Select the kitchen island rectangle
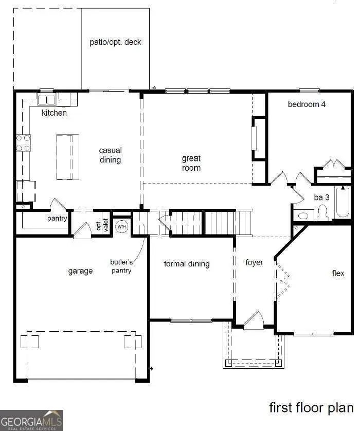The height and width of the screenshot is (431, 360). point(68,157)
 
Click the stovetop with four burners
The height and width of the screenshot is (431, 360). point(23,143)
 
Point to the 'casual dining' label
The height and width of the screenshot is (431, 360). point(111,155)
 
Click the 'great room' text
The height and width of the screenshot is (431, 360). point(191,163)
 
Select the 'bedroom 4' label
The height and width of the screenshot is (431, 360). point(307,104)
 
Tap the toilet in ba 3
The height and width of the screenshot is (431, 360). point(322,213)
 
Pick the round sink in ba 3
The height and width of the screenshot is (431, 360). point(303,215)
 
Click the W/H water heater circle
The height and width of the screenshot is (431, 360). point(121,226)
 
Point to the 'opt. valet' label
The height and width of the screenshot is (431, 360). point(102,225)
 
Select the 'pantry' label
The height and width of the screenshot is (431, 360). point(57,219)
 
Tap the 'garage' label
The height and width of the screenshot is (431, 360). point(80,271)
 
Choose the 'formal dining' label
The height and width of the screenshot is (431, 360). point(187,264)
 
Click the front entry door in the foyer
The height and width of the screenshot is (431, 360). point(254,321)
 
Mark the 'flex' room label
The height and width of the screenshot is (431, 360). point(338,273)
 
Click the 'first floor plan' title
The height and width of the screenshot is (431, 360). point(311,408)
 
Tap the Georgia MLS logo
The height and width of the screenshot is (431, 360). point(31,420)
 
